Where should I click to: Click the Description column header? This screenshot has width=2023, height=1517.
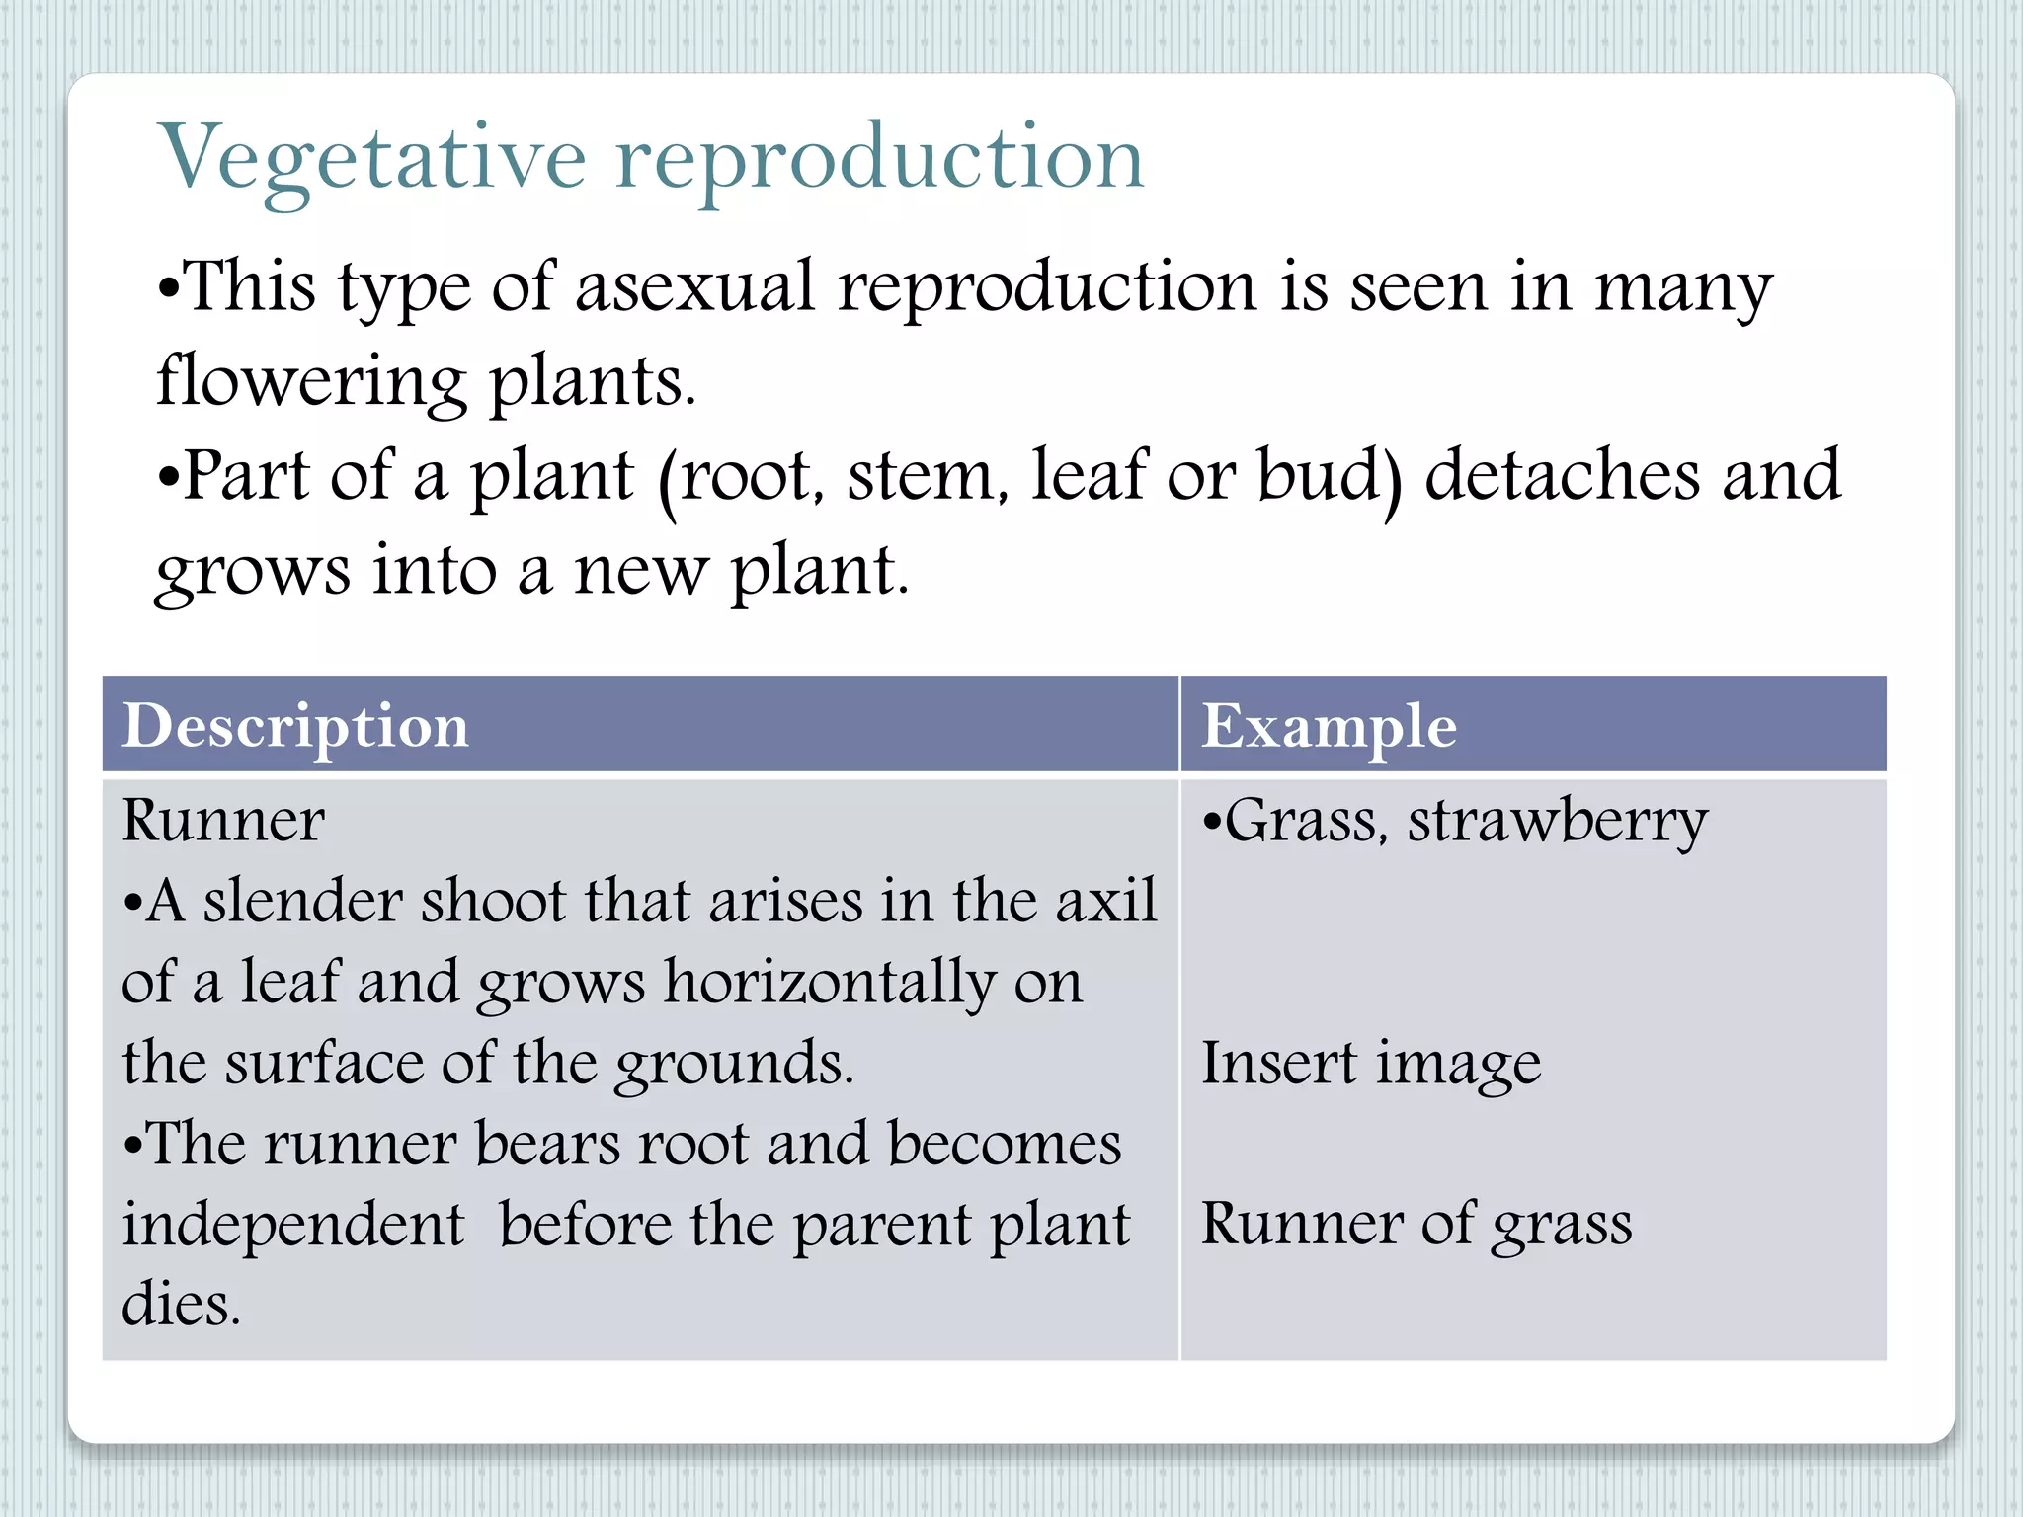pyautogui.click(x=295, y=726)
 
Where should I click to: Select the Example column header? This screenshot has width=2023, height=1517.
pyautogui.click(x=1329, y=726)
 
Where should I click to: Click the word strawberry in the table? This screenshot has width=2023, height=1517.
pyautogui.click(x=1558, y=822)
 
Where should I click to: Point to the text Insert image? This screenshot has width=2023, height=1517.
pyautogui.click(x=1370, y=1064)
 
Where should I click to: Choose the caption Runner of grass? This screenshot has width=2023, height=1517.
pyautogui.click(x=1416, y=1225)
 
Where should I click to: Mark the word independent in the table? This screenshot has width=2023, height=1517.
pyautogui.click(x=292, y=1225)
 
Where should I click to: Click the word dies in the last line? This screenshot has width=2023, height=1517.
pyautogui.click(x=180, y=1305)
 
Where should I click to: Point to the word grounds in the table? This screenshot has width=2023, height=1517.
pyautogui.click(x=733, y=1065)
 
